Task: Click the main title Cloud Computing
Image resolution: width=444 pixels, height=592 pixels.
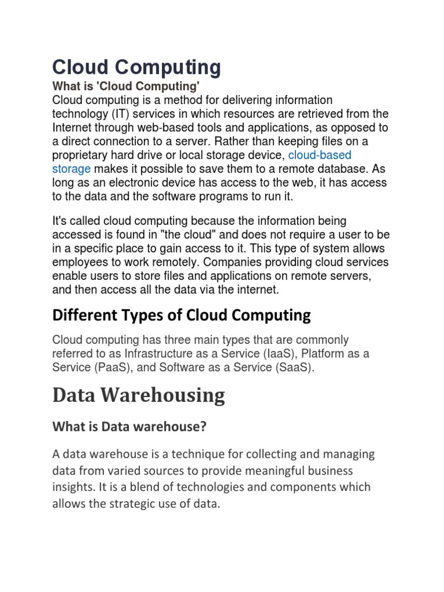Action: pos(136,68)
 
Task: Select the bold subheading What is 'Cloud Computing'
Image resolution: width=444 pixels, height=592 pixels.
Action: pos(126,87)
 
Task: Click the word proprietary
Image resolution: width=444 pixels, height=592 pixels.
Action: pos(81,156)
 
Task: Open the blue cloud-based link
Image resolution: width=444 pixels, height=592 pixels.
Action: pos(320,156)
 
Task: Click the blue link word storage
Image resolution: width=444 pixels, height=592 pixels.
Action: pos(71,169)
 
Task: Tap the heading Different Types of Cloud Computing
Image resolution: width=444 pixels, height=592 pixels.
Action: pos(182,315)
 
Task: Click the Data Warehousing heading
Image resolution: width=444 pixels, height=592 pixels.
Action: pos(139,395)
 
